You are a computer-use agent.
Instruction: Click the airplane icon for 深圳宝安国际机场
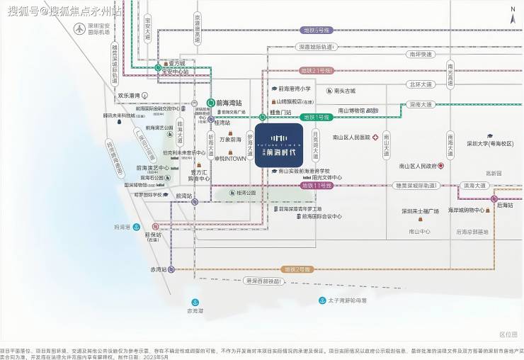click(x=78, y=29)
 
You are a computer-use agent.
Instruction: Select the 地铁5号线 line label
click(x=317, y=31)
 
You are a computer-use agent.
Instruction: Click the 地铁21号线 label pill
click(x=317, y=71)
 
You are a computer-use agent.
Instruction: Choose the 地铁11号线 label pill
click(x=317, y=185)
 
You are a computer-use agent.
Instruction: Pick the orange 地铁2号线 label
click(x=297, y=269)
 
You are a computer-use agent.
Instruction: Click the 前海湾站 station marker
click(x=210, y=103)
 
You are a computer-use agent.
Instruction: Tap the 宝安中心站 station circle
click(x=159, y=69)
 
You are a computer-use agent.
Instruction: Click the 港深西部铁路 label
click(x=263, y=281)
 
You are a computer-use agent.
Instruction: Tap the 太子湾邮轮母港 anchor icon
click(x=322, y=300)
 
